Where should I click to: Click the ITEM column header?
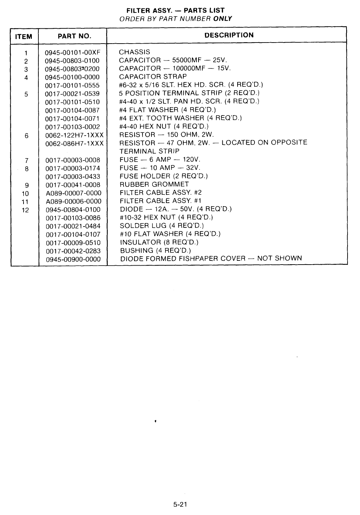click(24, 36)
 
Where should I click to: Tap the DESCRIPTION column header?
click(229, 35)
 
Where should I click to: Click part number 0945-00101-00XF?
click(73, 53)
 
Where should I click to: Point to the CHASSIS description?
click(135, 52)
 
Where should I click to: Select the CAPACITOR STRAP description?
click(153, 76)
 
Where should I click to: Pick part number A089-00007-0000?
click(73, 193)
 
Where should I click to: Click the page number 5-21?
click(180, 504)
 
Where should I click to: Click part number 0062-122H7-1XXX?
click(74, 135)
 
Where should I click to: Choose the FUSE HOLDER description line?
click(164, 176)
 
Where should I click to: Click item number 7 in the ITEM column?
click(26, 160)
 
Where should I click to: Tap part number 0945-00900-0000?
click(73, 259)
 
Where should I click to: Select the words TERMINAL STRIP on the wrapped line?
click(149, 151)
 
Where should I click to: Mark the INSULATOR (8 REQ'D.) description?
click(159, 242)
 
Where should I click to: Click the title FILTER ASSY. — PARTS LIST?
click(175, 10)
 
